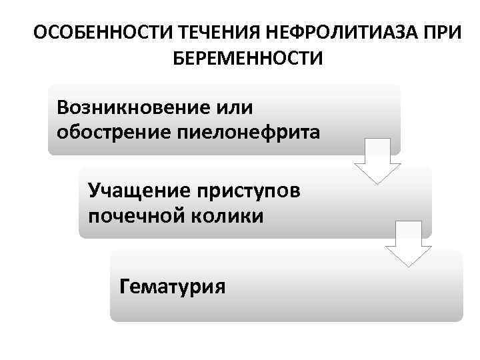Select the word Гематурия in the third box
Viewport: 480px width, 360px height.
172,287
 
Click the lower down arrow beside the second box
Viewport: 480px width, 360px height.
406,244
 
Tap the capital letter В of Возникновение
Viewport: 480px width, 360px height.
63,107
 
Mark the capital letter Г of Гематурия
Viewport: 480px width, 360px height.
124,287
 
